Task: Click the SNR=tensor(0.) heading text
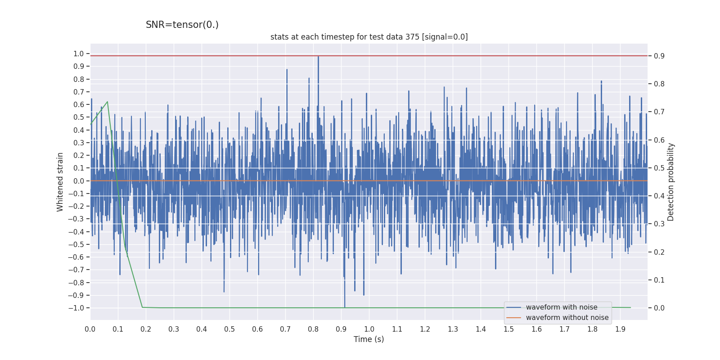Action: click(x=182, y=25)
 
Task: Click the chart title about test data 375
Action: click(x=369, y=37)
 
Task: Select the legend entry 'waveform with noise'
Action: click(x=561, y=307)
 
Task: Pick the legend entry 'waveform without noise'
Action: click(x=567, y=318)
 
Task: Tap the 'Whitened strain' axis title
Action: click(x=60, y=182)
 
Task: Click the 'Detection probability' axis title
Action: click(x=671, y=182)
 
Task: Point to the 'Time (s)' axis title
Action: click(x=369, y=339)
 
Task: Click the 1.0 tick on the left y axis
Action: click(x=79, y=54)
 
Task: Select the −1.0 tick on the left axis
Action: click(x=76, y=308)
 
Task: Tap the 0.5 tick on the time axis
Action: click(x=229, y=329)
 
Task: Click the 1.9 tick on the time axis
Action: click(x=620, y=329)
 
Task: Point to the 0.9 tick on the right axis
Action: click(x=659, y=56)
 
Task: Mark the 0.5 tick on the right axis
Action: click(x=659, y=168)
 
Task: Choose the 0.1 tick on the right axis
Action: click(x=659, y=280)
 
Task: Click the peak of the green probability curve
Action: click(x=107, y=102)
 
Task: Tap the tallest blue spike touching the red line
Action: click(x=318, y=57)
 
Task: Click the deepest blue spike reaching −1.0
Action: click(x=345, y=306)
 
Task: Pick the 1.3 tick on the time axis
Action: click(x=453, y=329)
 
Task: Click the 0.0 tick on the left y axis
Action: click(x=79, y=181)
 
